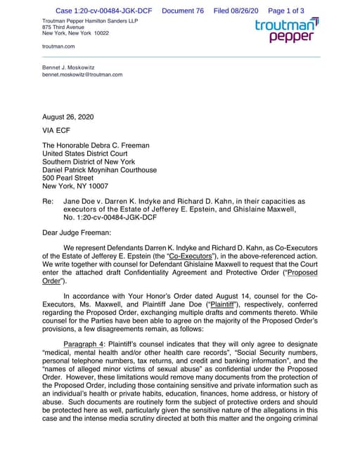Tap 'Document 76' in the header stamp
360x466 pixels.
click(x=182, y=11)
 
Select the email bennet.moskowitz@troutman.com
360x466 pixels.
click(x=82, y=74)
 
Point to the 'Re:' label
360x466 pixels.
click(x=49, y=201)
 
